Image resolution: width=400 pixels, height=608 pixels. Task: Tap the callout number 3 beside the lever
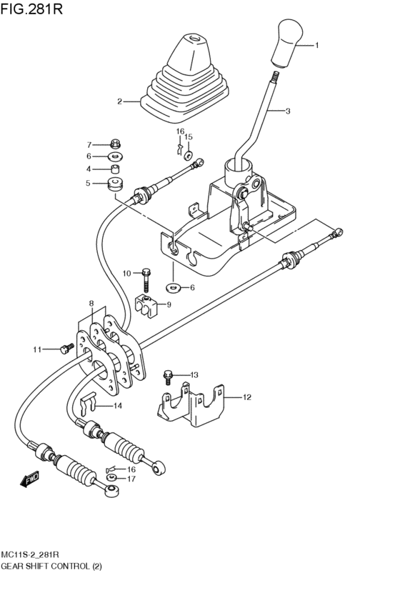[x=288, y=111]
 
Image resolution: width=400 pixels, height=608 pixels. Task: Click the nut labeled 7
[x=114, y=144]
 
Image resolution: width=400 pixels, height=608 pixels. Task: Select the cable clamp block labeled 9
[x=146, y=304]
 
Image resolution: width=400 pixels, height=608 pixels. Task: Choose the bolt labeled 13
[x=169, y=375]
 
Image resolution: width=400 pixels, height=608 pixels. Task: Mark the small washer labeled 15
[x=188, y=154]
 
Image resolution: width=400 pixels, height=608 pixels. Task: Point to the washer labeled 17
[x=112, y=479]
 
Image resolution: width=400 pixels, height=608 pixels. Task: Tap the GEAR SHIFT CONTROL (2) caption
[x=52, y=566]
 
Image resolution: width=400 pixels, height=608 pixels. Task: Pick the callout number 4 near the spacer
[x=89, y=169]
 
